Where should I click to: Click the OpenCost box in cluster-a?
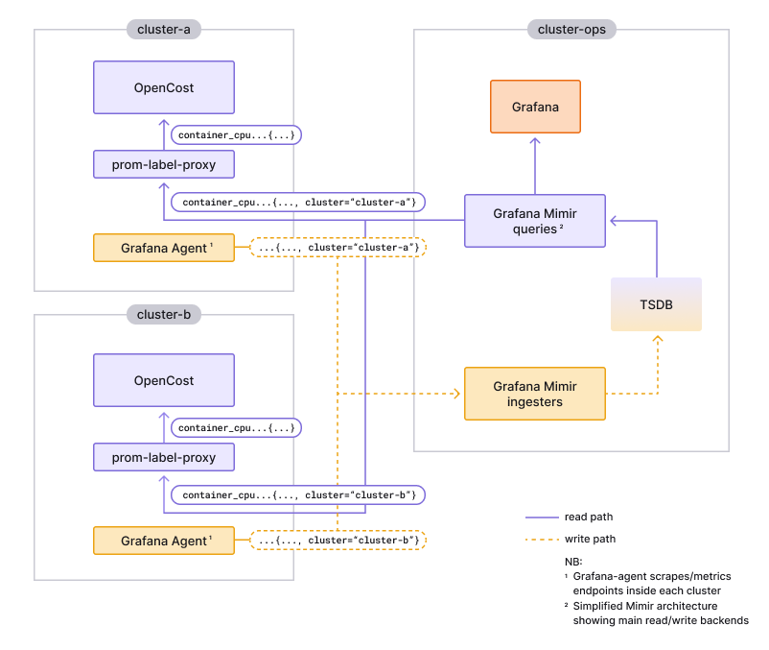coord(164,88)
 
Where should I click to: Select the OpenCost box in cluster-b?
coord(164,381)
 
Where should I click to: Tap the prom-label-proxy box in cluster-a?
coord(164,164)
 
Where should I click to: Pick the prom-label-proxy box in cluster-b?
coord(164,457)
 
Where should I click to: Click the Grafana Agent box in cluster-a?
coord(164,248)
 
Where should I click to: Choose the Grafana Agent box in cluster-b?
coord(164,541)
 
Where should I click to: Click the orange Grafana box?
coord(535,107)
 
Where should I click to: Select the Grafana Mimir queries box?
coord(535,221)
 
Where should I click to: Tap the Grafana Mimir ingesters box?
coord(535,394)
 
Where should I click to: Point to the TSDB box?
coord(657,305)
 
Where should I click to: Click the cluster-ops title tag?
coord(571,30)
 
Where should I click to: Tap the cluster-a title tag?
coord(164,30)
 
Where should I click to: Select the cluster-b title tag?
coord(164,314)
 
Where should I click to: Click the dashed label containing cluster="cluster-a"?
coord(338,248)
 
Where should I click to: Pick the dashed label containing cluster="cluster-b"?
coord(338,541)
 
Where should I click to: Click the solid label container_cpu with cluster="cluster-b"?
coord(297,495)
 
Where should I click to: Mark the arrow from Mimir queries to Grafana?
coord(535,163)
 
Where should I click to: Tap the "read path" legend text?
coord(590,517)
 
